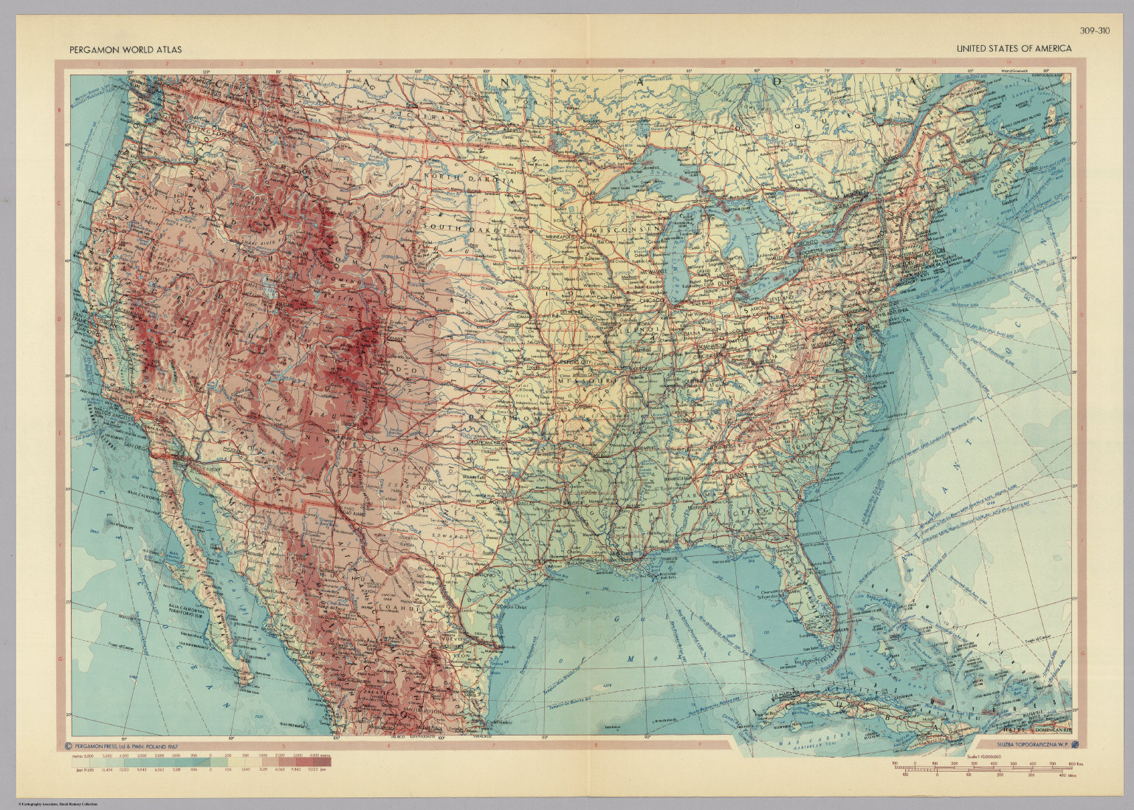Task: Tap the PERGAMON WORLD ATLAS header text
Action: click(x=126, y=49)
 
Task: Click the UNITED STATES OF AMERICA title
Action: click(x=1014, y=49)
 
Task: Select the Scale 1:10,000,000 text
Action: click(x=989, y=755)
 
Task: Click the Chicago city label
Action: click(x=651, y=301)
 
